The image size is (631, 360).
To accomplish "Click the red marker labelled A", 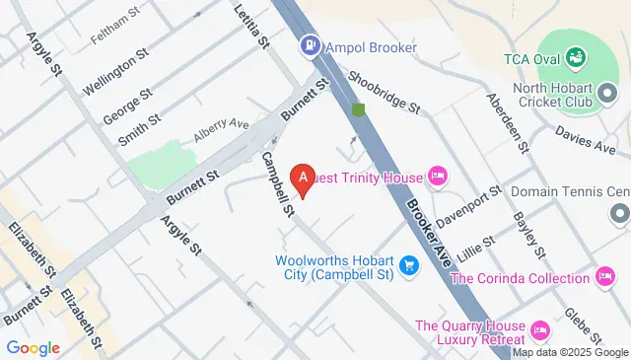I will point(305,178).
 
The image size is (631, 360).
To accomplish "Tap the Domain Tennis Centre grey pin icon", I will point(619,212).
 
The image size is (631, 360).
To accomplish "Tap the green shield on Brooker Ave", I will point(359,108).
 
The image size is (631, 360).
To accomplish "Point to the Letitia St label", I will point(252,27).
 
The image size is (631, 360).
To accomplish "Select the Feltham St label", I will point(110,20).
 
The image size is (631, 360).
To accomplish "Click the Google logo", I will point(33,347).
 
